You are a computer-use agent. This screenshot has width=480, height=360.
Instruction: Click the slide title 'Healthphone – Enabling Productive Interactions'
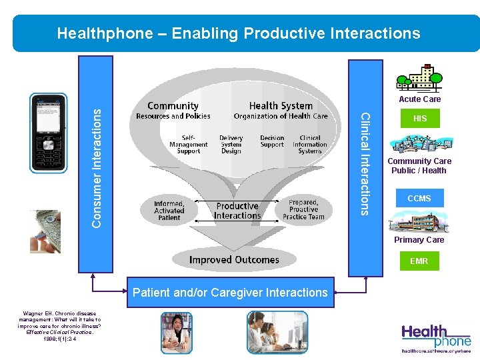(x=239, y=33)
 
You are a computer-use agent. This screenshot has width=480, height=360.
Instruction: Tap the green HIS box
(x=420, y=119)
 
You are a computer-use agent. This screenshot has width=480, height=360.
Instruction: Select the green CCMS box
(x=419, y=199)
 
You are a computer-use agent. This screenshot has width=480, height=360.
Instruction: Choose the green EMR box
(x=419, y=261)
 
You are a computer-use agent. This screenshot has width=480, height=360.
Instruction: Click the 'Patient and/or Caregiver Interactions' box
(x=230, y=293)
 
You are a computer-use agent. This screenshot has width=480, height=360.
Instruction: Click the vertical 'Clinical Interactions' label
(x=365, y=164)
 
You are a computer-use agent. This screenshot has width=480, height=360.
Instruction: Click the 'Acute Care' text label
(x=419, y=99)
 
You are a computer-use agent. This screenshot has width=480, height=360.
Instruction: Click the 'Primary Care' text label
(x=419, y=240)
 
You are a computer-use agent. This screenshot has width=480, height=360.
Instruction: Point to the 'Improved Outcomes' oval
(x=234, y=259)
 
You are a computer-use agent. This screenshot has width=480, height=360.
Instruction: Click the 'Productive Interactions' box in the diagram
(x=237, y=211)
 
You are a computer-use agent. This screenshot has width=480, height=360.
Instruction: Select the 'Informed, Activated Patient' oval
(x=169, y=210)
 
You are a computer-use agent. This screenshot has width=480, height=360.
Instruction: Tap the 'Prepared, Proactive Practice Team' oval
(x=303, y=209)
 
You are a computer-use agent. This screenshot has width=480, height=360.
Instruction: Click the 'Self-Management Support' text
(x=188, y=145)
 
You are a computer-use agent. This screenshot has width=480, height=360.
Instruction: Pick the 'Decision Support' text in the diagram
(x=272, y=141)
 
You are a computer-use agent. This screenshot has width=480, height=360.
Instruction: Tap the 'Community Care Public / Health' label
(x=419, y=166)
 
